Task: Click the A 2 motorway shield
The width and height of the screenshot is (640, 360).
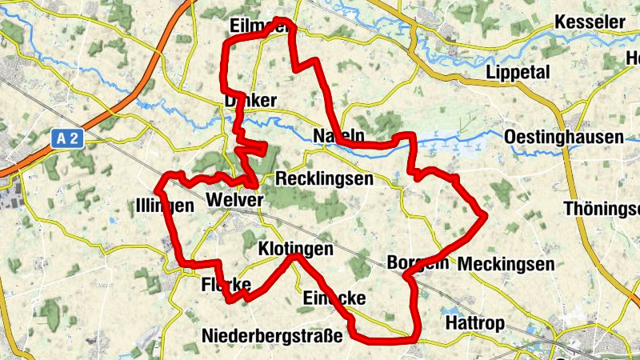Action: (x=68, y=138)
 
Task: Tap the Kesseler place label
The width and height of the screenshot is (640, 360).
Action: (x=594, y=22)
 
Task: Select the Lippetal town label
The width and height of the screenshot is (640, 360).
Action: (x=518, y=72)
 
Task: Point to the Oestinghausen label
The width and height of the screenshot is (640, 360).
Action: (x=564, y=138)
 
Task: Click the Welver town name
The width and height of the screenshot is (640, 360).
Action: (x=234, y=199)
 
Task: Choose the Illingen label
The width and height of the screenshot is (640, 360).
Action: (x=165, y=206)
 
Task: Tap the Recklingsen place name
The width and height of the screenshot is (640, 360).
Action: (x=323, y=178)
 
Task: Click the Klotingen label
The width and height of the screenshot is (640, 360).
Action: (x=295, y=250)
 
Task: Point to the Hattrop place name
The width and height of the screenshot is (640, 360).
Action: (x=475, y=323)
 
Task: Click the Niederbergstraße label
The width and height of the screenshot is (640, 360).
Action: (x=272, y=335)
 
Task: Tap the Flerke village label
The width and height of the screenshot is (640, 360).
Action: (x=226, y=284)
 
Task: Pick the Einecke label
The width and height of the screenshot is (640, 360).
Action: (x=334, y=298)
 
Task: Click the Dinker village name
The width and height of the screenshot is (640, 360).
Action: (x=250, y=101)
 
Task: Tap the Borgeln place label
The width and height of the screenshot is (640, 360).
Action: (x=417, y=262)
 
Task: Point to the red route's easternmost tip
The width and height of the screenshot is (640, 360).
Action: (x=484, y=214)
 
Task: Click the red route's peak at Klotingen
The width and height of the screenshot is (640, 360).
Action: (x=295, y=256)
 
